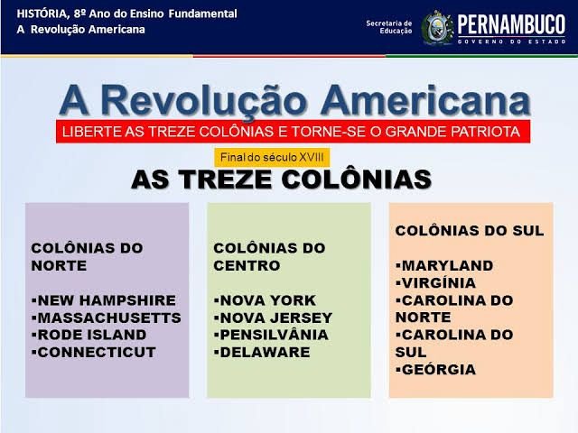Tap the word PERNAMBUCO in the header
click(x=512, y=23)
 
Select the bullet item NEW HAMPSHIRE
click(x=106, y=299)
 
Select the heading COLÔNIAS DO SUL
click(x=470, y=231)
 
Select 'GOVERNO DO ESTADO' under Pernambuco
click(x=512, y=41)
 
